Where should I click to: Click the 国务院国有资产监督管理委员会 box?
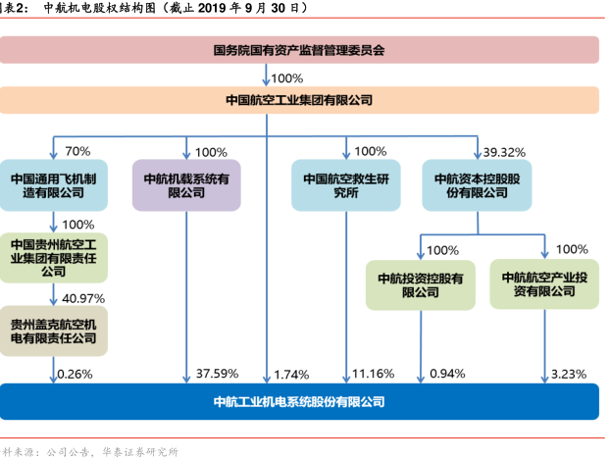coord(299,49)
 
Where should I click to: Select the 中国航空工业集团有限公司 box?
coord(299,100)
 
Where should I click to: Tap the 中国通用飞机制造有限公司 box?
coord(54,185)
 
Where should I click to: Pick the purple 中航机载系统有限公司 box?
coord(186,185)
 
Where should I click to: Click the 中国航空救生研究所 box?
coord(346,185)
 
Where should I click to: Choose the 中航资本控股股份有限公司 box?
coord(477,185)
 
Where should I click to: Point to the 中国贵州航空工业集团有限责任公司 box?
coord(54,257)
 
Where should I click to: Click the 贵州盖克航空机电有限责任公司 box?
coord(54,331)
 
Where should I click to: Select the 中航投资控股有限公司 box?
coord(420,284)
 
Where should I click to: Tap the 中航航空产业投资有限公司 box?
coord(544,284)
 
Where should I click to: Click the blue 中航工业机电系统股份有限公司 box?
coord(299,401)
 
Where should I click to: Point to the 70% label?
coord(77,152)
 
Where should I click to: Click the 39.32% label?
coord(505,152)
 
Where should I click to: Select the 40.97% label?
coord(82,298)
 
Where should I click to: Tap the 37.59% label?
coord(217,374)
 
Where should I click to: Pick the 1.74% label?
coord(292,374)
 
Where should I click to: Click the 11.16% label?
coord(373,374)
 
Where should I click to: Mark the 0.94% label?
coord(447,374)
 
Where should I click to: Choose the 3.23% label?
coord(569,374)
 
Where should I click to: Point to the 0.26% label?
coord(76,374)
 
